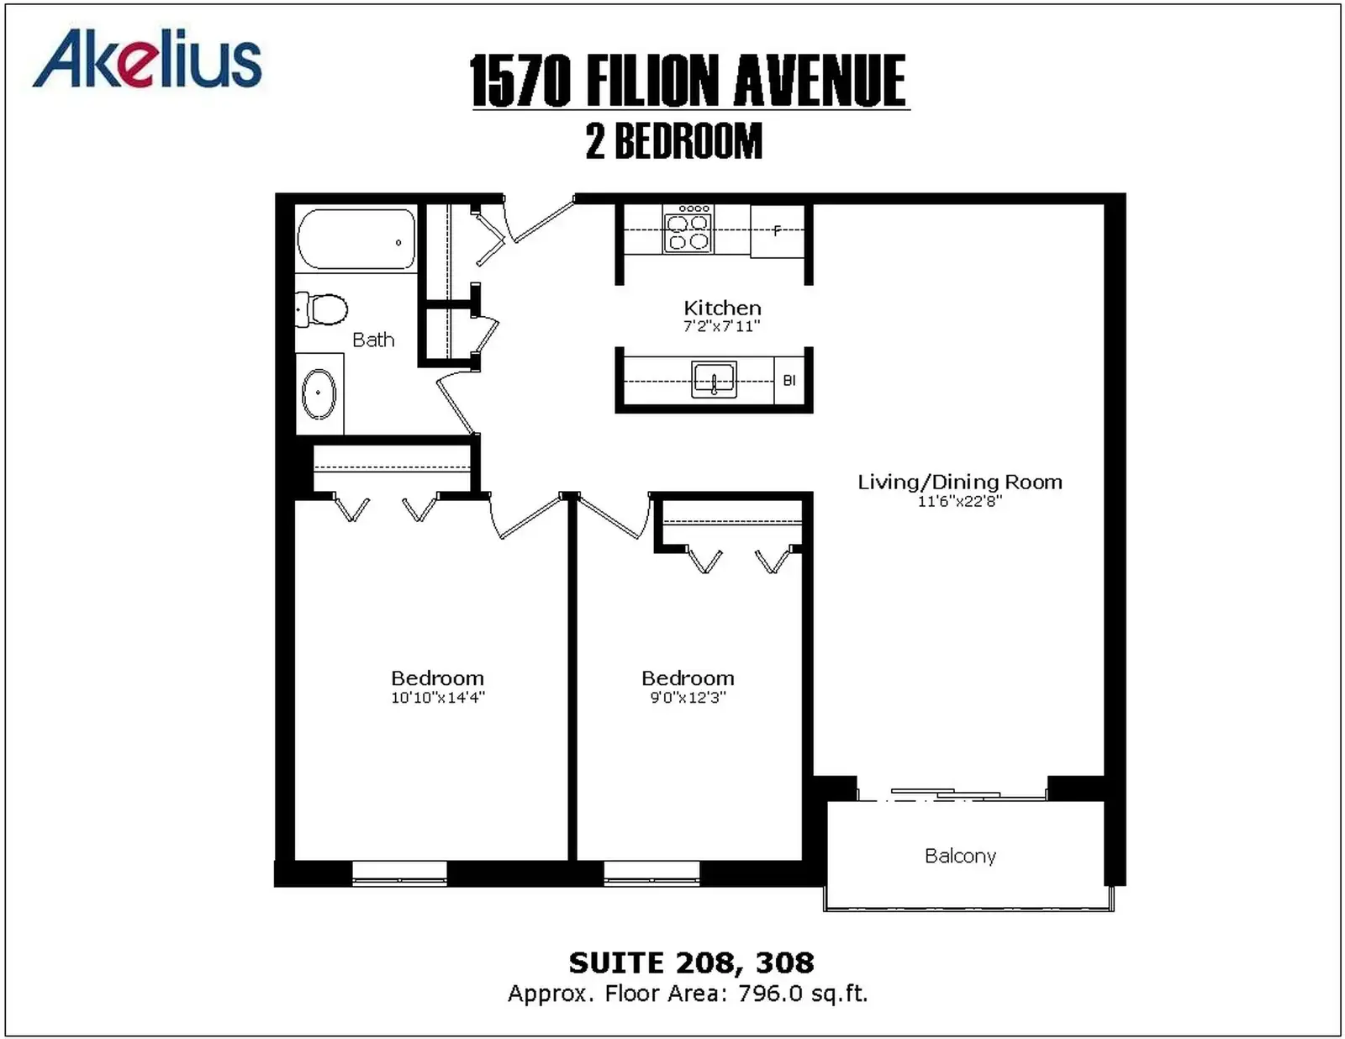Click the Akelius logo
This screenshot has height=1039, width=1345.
[147, 59]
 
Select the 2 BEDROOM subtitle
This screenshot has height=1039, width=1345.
[674, 141]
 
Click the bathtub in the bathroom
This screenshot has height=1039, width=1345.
[356, 239]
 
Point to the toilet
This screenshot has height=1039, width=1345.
[321, 309]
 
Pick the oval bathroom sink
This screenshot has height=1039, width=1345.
[319, 393]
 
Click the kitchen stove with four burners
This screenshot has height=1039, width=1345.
[688, 229]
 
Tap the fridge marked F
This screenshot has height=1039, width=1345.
[778, 231]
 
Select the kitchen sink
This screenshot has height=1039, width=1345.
[714, 379]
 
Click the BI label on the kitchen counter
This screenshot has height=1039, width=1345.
[789, 381]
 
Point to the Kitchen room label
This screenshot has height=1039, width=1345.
[722, 308]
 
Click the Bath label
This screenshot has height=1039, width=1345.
[373, 340]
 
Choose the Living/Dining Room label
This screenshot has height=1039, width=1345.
[960, 482]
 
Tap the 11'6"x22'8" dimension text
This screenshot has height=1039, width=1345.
[959, 501]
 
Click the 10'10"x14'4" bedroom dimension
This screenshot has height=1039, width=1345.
[438, 698]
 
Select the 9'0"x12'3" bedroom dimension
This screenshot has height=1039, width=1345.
[688, 698]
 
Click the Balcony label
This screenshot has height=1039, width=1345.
[961, 856]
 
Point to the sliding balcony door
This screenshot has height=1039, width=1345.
[952, 794]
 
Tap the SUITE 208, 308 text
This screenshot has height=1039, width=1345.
[691, 963]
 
